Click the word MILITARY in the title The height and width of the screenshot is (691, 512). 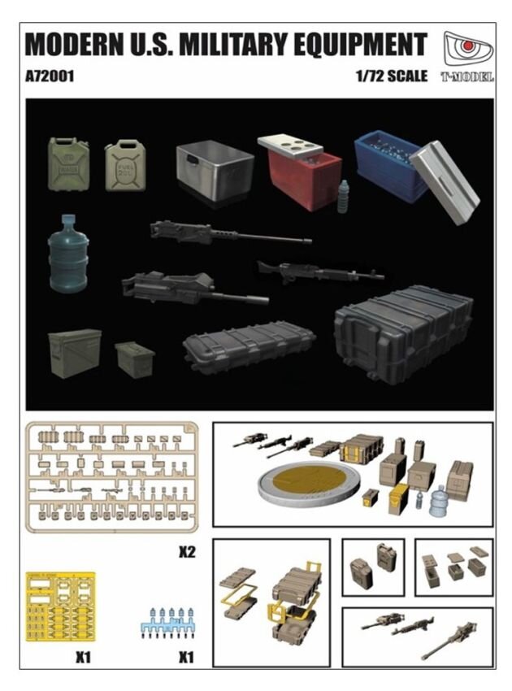click(x=232, y=44)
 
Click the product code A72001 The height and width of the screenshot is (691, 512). click(x=50, y=77)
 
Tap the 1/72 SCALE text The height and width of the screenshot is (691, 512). click(x=390, y=77)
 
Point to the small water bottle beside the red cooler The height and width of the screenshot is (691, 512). click(x=344, y=198)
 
